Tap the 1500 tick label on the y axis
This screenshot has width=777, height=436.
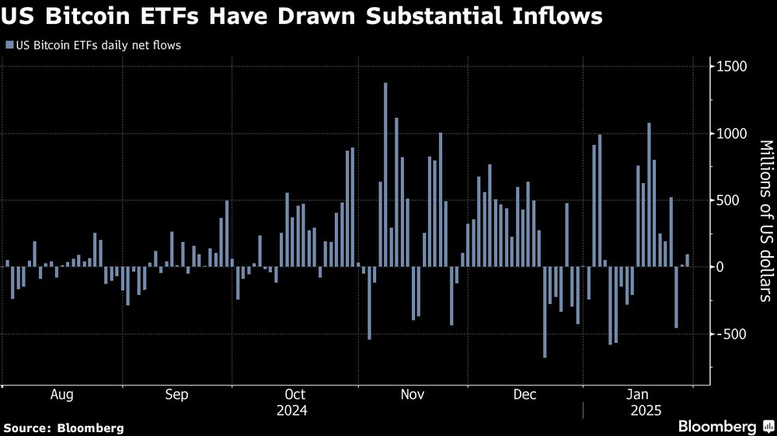tap(731, 67)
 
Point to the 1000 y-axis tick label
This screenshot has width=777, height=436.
tap(731, 133)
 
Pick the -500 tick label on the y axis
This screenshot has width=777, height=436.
tap(730, 334)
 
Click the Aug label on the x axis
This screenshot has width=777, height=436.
tap(62, 395)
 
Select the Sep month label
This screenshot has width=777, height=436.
tap(176, 395)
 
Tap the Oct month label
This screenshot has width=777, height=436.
tap(295, 395)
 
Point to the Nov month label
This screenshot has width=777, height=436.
tap(413, 395)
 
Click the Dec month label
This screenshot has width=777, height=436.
tap(525, 395)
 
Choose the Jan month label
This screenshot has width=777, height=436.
tap(637, 395)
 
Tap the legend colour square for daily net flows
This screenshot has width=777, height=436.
tap(9, 46)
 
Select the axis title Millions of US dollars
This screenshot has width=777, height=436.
tap(765, 220)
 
